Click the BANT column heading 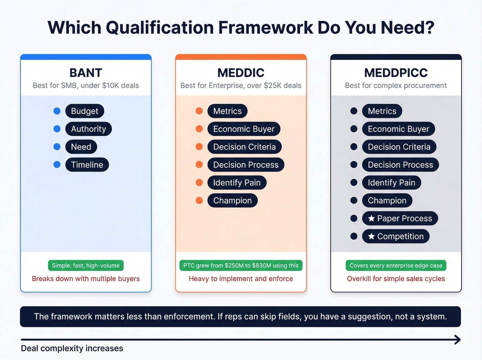(x=86, y=73)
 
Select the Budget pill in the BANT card (x=84, y=111)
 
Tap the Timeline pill (x=87, y=165)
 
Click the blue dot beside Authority (x=57, y=129)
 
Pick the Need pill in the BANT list (x=81, y=147)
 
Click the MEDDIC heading (x=241, y=73)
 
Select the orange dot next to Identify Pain (x=199, y=183)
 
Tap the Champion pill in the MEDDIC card (x=232, y=200)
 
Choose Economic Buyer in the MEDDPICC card (x=398, y=129)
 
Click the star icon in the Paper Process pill (x=371, y=218)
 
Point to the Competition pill (x=396, y=236)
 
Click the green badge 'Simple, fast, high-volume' (x=86, y=266)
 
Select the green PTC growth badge (x=241, y=266)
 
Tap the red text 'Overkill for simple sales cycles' (x=396, y=279)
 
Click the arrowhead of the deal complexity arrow (x=458, y=340)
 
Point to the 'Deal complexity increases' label (x=72, y=348)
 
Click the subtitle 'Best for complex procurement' (x=396, y=85)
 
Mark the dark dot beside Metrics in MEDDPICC (x=354, y=111)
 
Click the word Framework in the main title (x=265, y=28)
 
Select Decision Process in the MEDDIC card (x=245, y=165)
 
